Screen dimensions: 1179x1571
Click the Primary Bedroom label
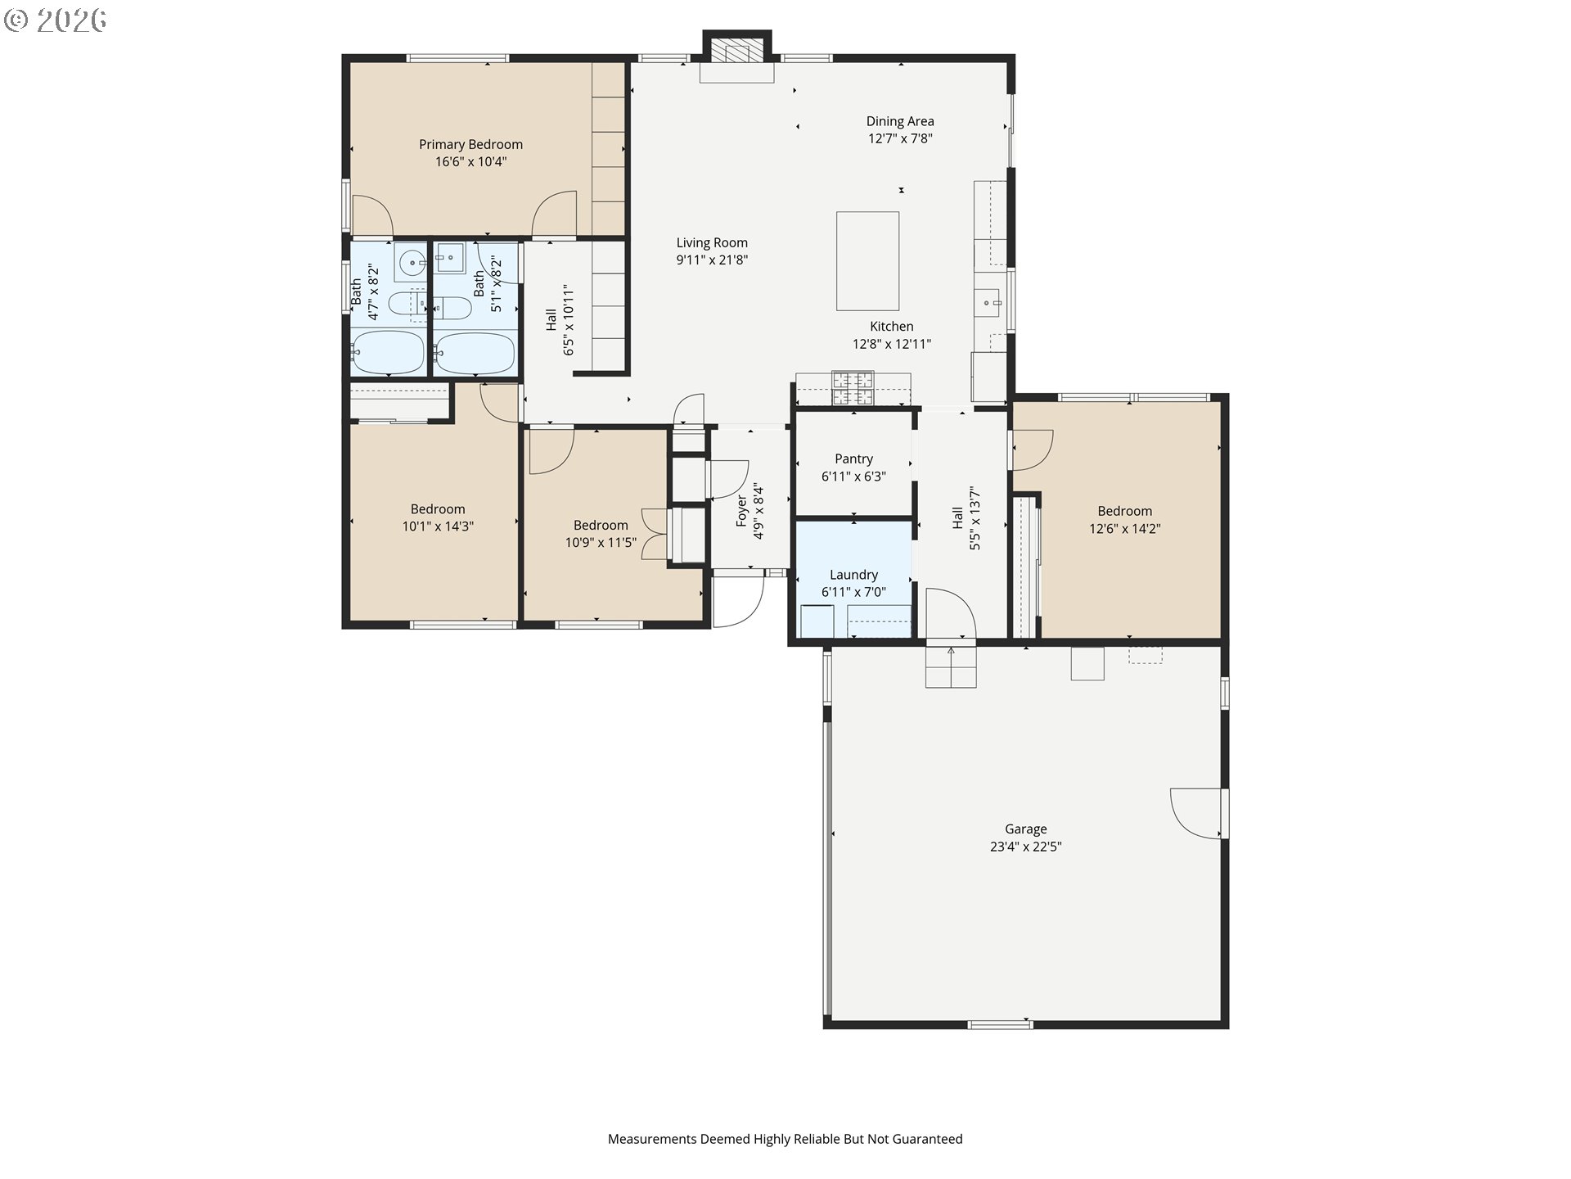pos(470,145)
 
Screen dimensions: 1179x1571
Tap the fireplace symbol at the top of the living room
pos(736,52)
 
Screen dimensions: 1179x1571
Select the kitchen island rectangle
pos(867,261)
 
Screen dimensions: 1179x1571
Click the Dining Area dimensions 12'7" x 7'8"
pos(900,139)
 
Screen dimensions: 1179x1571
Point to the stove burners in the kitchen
pos(853,388)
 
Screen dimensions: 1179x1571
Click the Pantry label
pos(853,458)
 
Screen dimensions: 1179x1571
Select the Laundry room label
pos(853,575)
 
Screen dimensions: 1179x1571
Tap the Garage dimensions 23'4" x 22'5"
pos(1025,847)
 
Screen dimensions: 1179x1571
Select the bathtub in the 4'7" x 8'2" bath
pos(388,353)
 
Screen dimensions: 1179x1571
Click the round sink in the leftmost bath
pos(412,263)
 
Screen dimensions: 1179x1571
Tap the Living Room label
pos(712,242)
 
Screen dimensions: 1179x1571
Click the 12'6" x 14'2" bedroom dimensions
pos(1124,529)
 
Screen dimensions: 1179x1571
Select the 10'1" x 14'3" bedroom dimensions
pos(438,527)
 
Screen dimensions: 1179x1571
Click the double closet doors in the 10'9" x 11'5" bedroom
pos(655,534)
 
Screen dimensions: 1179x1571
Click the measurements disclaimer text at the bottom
pos(785,1139)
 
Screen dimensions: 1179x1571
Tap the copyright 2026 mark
pos(56,20)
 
